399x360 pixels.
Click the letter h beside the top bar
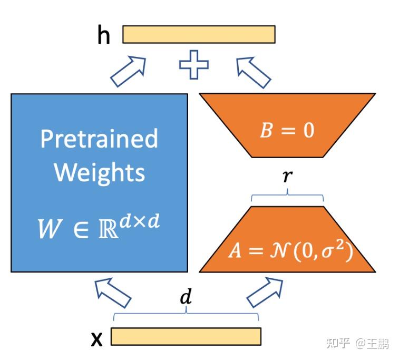[104, 35]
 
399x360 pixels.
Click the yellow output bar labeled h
[199, 34]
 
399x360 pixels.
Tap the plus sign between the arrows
[194, 65]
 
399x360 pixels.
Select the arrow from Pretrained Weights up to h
[129, 71]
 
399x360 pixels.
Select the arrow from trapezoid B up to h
[253, 72]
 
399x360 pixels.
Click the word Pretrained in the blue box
[99, 139]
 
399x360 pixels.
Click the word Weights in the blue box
[100, 173]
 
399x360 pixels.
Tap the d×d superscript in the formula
[140, 221]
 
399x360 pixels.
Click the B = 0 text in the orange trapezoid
[287, 130]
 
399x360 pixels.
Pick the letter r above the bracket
[288, 176]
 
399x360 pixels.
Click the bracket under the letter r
[287, 196]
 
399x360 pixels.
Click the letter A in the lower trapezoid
[235, 250]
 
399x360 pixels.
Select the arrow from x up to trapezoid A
[265, 293]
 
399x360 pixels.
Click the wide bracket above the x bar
[186, 314]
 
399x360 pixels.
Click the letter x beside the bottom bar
[96, 339]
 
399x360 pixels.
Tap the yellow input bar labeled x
[186, 337]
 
